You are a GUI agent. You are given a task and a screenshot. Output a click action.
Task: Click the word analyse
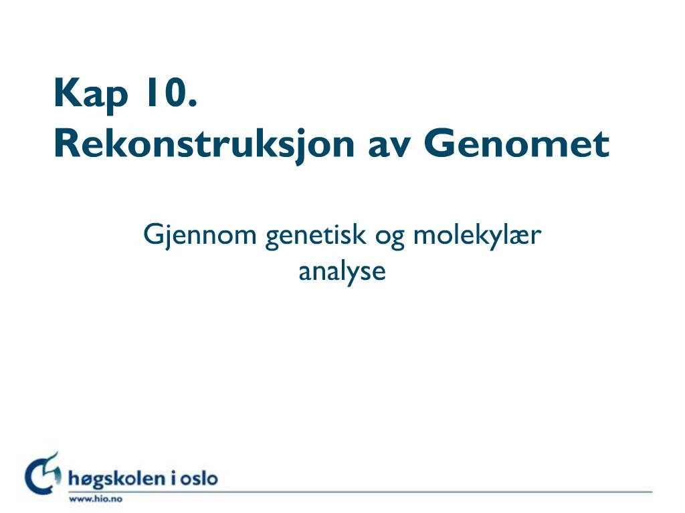[342, 272]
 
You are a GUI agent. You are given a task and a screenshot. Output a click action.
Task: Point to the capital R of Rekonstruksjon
[66, 143]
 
